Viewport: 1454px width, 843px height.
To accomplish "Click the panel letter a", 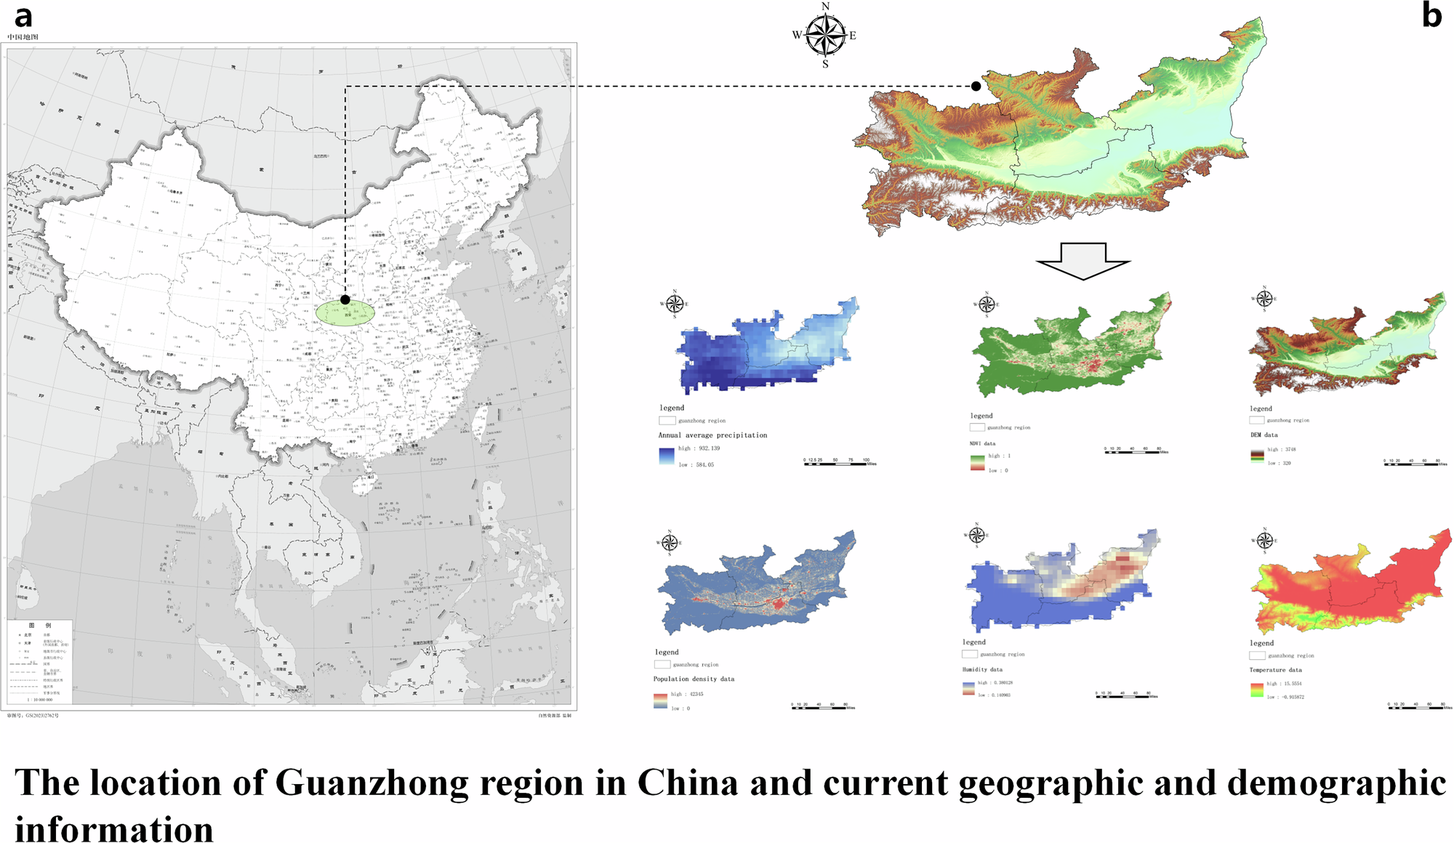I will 23,16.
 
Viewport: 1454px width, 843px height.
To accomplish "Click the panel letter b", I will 1431,15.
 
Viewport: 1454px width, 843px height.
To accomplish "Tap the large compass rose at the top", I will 825,35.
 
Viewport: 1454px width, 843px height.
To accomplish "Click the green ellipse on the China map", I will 345,312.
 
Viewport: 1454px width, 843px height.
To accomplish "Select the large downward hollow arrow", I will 1083,260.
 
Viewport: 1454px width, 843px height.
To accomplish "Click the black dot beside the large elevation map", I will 976,86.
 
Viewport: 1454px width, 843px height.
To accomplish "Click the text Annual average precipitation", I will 712,435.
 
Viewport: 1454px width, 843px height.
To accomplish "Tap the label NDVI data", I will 982,443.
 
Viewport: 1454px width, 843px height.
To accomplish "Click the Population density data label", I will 694,679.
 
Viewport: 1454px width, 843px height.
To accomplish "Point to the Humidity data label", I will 982,669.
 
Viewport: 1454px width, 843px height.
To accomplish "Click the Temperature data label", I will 1275,670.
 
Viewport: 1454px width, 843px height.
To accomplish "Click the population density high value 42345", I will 696,694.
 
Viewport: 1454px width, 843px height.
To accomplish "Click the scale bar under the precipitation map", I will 840,463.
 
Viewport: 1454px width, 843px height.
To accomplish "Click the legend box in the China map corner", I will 40,661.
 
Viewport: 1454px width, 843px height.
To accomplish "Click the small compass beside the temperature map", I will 1264,540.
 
